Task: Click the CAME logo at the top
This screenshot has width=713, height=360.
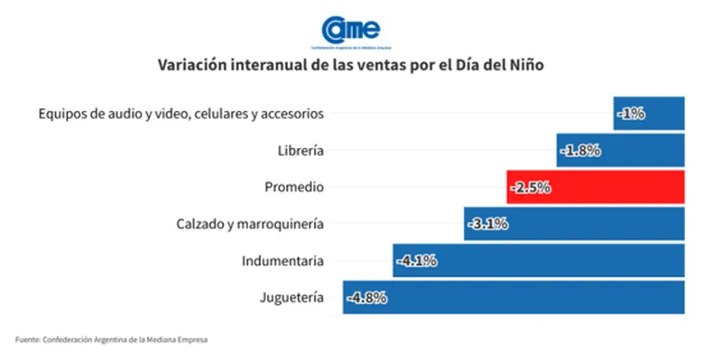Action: click(x=351, y=32)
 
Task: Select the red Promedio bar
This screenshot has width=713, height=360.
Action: click(x=596, y=187)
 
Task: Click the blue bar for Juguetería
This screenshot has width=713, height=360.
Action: click(x=514, y=297)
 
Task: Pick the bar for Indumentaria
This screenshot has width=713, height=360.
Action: click(x=539, y=261)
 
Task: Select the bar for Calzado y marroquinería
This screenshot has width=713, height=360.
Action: click(x=574, y=224)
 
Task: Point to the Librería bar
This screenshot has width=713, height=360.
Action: click(x=621, y=150)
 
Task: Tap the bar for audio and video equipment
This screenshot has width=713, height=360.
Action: click(x=649, y=113)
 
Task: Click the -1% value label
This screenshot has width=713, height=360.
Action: click(x=631, y=113)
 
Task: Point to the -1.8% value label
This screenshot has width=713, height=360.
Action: click(x=580, y=150)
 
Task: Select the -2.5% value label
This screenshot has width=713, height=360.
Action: click(x=531, y=187)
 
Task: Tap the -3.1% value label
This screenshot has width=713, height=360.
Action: click(x=488, y=224)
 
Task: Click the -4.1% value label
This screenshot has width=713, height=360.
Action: click(x=417, y=261)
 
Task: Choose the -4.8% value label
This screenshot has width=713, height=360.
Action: click(x=367, y=297)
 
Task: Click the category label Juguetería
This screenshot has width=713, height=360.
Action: click(x=292, y=298)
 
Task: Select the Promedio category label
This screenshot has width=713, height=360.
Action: click(x=294, y=187)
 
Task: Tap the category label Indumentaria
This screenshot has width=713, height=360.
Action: click(x=282, y=261)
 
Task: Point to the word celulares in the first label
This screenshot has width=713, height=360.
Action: click(x=221, y=113)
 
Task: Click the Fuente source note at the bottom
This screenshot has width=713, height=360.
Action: click(x=111, y=339)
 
